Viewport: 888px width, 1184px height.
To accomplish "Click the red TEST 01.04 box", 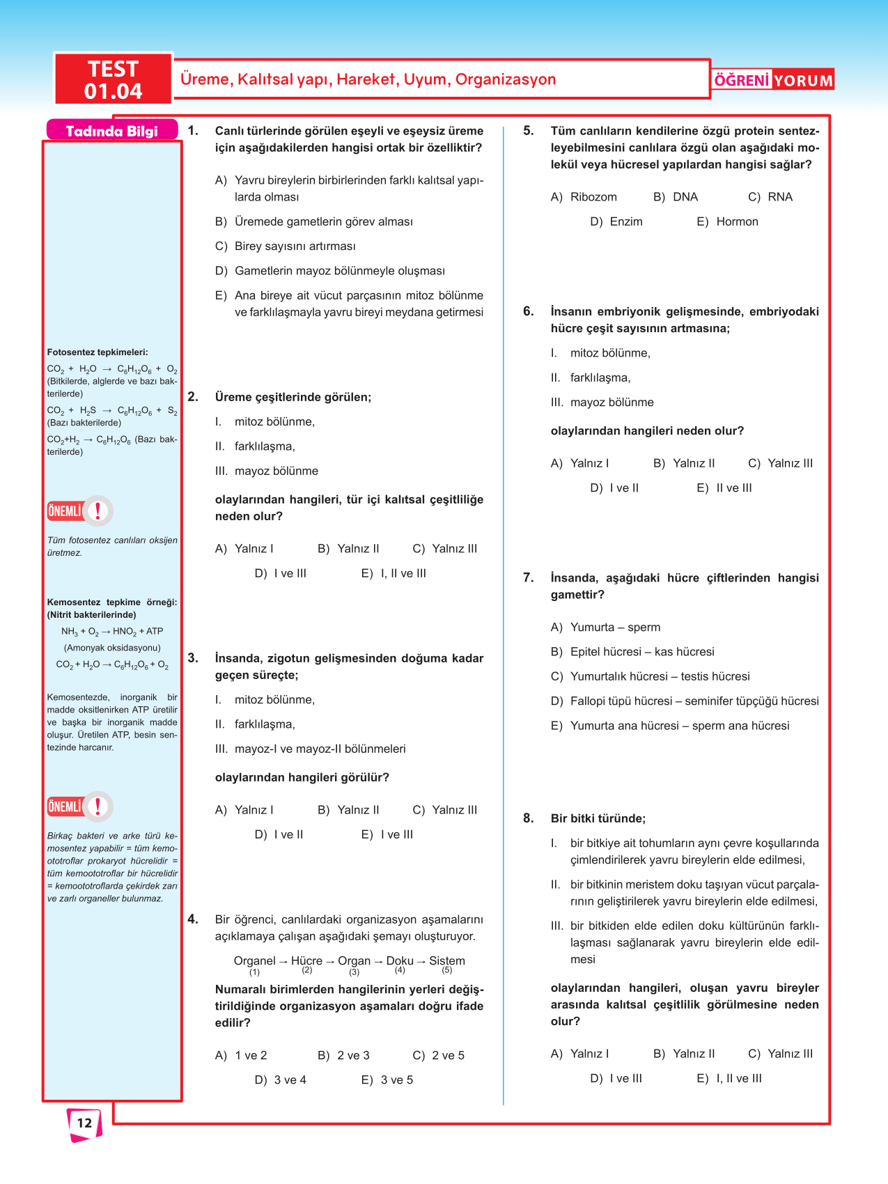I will [x=113, y=79].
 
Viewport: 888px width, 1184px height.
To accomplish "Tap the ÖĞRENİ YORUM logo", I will [x=773, y=80].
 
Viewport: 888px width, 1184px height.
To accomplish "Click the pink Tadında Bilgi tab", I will [x=111, y=131].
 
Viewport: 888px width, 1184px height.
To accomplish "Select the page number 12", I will [x=84, y=1122].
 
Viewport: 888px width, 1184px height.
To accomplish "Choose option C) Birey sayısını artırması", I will [x=286, y=247].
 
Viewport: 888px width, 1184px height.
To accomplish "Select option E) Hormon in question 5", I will [x=728, y=221].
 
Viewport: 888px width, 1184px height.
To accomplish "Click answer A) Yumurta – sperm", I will [x=605, y=628].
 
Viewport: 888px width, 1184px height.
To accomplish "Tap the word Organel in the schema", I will [x=254, y=961].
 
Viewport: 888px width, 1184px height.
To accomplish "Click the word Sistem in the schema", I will [x=446, y=961].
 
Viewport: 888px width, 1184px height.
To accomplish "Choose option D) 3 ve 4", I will [x=281, y=1080].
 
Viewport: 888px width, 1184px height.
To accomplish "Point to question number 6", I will [x=529, y=311].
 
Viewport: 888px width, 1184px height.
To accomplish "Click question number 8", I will [x=529, y=818].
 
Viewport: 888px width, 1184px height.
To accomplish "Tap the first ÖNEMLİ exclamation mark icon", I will [x=98, y=511].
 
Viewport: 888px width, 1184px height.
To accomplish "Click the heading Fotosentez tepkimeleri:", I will [x=98, y=352].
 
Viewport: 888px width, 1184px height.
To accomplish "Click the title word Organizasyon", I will [x=506, y=79].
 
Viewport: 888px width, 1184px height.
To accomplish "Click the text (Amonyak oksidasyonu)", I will [x=112, y=648].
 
